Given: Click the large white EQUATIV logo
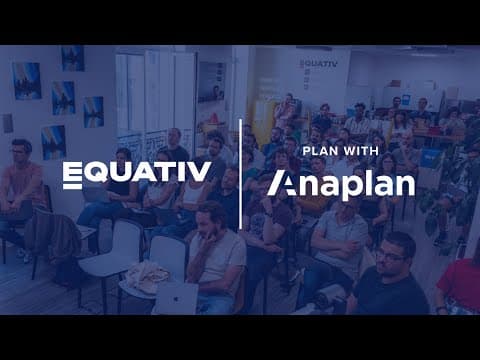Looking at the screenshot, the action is point(137,175).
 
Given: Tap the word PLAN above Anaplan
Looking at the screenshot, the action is point(320,151).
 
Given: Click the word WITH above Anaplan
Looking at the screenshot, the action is point(361,151).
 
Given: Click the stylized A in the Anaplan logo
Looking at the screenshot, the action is point(282,183).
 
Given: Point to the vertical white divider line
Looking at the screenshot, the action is point(240,174).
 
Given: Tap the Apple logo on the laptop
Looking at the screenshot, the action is point(176,298).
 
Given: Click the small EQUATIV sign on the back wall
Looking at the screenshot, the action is point(318,63).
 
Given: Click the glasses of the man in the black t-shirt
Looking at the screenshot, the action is point(390,257).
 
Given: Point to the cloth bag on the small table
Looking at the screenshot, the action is point(147,276).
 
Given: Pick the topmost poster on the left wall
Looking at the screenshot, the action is point(73,58).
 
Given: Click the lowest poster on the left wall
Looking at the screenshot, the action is point(53,142).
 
